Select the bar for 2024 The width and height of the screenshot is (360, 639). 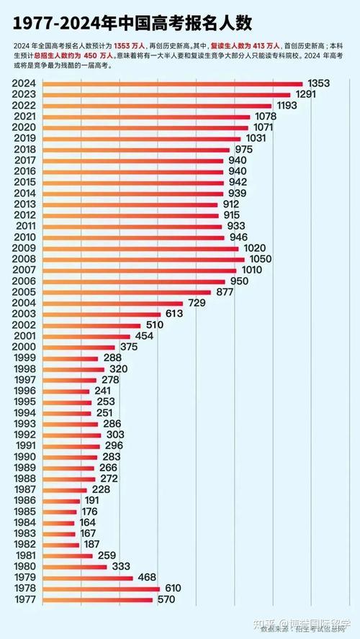[x=173, y=83]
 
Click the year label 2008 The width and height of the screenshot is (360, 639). [x=25, y=258]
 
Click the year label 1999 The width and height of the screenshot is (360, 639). [x=25, y=358]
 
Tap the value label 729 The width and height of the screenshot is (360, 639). [x=202, y=303]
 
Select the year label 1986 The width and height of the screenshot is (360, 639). [x=25, y=500]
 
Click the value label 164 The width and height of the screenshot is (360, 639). [x=88, y=522]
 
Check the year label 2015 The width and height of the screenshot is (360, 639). [x=25, y=182]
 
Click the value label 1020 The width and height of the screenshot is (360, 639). [x=256, y=248]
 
